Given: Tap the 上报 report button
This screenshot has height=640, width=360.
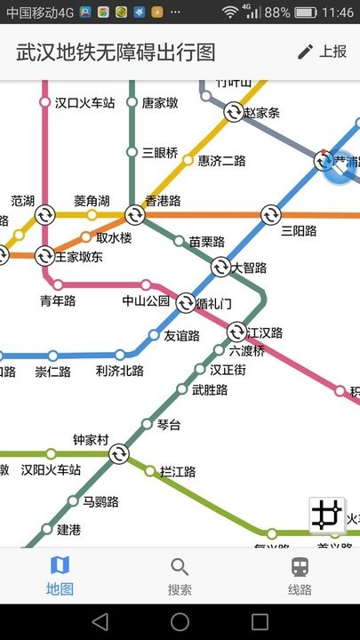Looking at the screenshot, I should [x=323, y=52].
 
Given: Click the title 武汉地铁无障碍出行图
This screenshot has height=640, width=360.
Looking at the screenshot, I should [x=116, y=52].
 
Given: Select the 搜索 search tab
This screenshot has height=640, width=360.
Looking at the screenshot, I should [x=180, y=576].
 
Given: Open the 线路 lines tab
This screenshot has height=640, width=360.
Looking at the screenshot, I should [x=300, y=576].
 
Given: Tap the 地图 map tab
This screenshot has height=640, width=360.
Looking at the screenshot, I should [x=60, y=576].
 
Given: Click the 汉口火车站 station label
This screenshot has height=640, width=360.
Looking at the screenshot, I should [x=84, y=103].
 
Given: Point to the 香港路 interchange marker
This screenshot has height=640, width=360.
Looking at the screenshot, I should [x=134, y=215].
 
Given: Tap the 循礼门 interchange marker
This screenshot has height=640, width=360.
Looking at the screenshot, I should [x=186, y=302].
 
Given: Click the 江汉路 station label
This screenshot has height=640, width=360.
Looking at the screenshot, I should [x=265, y=333].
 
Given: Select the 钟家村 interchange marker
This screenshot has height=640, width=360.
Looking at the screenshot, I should [x=119, y=454].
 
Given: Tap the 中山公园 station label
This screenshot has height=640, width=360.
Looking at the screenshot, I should [x=146, y=301].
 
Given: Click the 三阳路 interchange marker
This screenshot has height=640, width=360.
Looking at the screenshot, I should [x=270, y=215].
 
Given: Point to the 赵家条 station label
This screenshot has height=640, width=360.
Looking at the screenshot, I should [x=261, y=113].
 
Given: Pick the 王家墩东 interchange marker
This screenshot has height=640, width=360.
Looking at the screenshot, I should [x=44, y=257].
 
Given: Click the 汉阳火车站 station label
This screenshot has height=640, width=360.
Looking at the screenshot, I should [x=51, y=470].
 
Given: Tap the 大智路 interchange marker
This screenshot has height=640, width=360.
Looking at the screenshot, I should [x=220, y=267].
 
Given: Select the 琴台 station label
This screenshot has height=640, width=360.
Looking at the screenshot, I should [x=169, y=425].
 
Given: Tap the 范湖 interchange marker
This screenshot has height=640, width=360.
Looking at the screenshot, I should [x=44, y=215].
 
